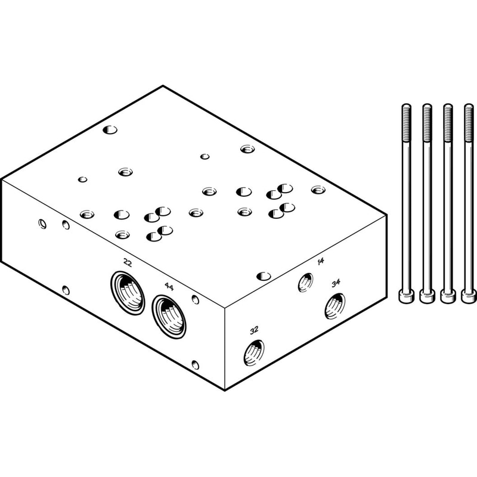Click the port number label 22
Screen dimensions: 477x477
click(x=128, y=262)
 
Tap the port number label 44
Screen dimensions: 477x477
click(x=169, y=286)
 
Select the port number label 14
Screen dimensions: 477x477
click(x=320, y=261)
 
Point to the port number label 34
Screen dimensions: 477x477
click(x=336, y=283)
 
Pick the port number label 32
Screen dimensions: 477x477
click(x=254, y=330)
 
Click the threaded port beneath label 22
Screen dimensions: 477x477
click(x=128, y=293)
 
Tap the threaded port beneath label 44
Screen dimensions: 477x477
click(x=169, y=317)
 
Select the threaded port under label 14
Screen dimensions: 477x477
click(x=305, y=282)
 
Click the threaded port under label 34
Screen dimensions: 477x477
click(x=335, y=306)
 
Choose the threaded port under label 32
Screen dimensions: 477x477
click(x=254, y=352)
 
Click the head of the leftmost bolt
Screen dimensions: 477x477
click(x=407, y=296)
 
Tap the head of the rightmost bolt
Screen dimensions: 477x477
click(x=469, y=296)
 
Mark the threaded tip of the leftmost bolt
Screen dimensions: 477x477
click(x=407, y=123)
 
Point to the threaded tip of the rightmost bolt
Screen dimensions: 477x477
click(x=469, y=123)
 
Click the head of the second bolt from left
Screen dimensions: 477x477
click(x=427, y=296)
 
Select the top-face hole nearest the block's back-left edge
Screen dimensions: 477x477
click(x=110, y=130)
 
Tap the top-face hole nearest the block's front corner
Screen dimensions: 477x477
click(x=264, y=276)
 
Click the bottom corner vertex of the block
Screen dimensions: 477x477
click(x=225, y=391)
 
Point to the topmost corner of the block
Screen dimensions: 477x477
click(x=163, y=86)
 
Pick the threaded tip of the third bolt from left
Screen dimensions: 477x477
click(x=448, y=123)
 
